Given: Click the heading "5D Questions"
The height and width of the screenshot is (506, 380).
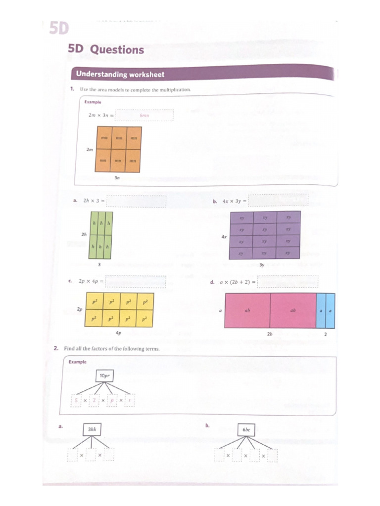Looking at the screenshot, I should tap(106, 49).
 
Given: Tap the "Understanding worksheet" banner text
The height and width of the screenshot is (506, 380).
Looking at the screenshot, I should tap(120, 75).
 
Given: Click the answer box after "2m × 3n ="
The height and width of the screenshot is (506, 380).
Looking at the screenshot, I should tap(144, 116).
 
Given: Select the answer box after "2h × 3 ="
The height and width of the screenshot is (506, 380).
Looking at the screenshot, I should tap(137, 201).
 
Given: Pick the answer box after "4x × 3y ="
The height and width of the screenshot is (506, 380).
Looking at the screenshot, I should tap(278, 200).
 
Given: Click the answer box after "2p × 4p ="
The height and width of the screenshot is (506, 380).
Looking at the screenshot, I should tap(136, 281).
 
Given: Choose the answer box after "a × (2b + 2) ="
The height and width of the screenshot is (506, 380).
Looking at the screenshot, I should tap(288, 282).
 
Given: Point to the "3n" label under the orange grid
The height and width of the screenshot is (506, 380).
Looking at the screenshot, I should tap(117, 178).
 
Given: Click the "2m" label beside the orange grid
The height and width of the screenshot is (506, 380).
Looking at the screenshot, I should tap(90, 150).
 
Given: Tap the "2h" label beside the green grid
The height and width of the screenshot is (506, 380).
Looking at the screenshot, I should tap(84, 234).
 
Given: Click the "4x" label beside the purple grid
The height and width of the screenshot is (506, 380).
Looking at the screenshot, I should tap(224, 237).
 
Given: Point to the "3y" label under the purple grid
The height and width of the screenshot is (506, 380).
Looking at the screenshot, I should tap(262, 265).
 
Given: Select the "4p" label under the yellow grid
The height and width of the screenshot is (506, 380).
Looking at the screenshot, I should tap(118, 333).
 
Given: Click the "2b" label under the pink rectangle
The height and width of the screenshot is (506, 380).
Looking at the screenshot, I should tap(270, 334).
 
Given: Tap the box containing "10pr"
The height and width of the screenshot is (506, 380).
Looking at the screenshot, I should tap(104, 376).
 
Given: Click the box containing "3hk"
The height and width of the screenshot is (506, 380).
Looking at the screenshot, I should tap(92, 429).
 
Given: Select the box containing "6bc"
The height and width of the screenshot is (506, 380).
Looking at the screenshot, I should tap(246, 430).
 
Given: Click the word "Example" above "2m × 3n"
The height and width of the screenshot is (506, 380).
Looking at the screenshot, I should tap(93, 102).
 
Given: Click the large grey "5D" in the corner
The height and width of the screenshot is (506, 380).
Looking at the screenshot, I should tap(58, 29).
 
